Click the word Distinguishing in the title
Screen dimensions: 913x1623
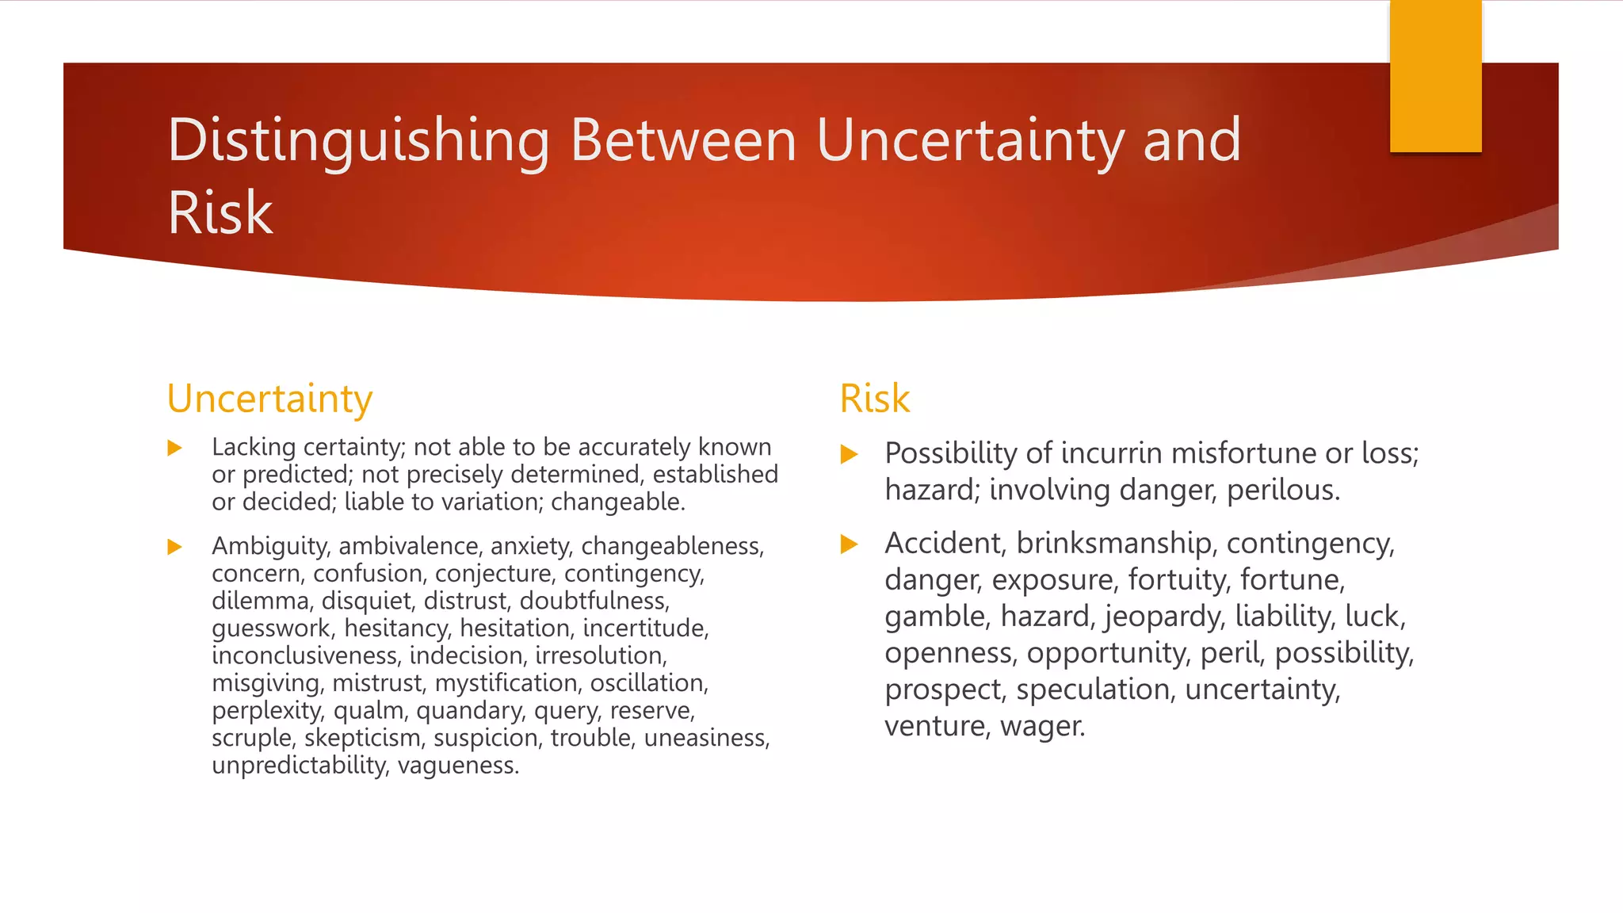358,141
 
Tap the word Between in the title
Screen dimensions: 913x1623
683,141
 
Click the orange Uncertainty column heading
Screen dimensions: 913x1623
269,399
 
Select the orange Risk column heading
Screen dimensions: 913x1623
874,399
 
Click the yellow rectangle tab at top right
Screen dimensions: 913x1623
1435,76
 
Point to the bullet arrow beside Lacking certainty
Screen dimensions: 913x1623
175,449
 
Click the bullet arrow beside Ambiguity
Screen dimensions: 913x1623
175,547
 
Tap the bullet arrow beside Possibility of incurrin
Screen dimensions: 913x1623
849,454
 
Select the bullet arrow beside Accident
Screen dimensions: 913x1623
849,544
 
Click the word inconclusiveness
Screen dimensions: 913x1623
306,656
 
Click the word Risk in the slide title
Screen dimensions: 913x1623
220,213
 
